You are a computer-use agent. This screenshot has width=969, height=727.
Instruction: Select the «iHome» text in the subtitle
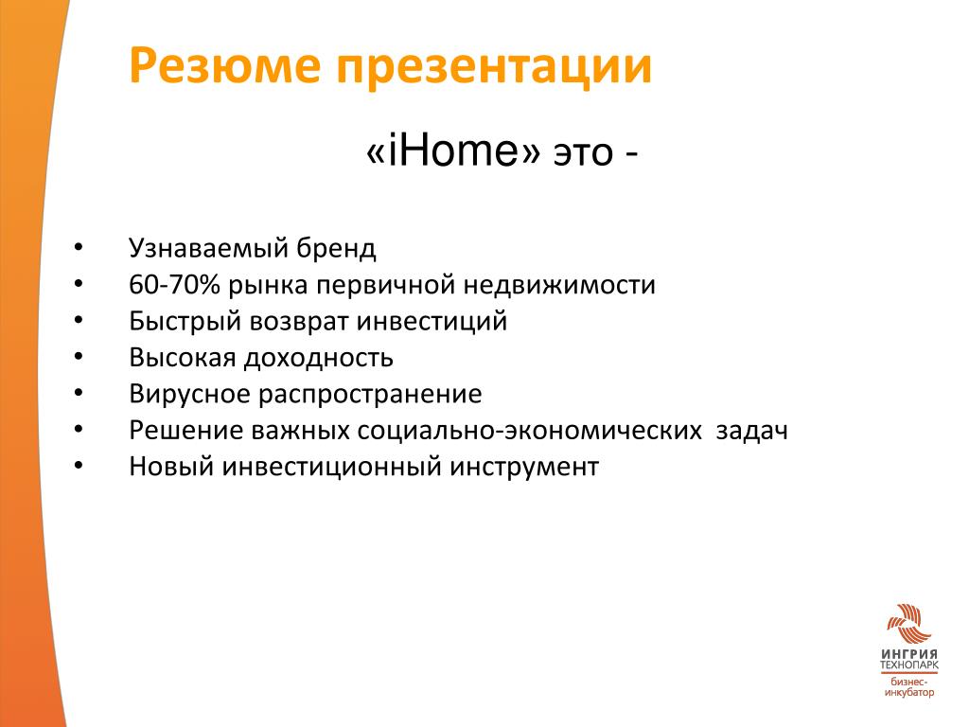453,151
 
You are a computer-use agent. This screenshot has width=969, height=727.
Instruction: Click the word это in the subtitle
583,153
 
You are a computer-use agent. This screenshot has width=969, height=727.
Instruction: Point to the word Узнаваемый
208,249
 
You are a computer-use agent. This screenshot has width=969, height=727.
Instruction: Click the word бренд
336,248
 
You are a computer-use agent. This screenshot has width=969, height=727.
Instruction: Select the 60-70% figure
174,285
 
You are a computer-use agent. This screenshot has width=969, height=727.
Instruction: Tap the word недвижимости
559,285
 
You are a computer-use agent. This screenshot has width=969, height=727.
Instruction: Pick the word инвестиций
432,322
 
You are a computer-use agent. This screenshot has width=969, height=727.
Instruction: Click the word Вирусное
189,394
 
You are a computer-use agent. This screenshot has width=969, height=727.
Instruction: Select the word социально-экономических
530,431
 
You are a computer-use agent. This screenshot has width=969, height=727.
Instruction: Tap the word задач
752,431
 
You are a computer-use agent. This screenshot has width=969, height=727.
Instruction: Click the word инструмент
524,468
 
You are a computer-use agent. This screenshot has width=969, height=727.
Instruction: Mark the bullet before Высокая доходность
78,357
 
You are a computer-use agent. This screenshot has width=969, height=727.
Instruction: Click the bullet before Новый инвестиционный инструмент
78,466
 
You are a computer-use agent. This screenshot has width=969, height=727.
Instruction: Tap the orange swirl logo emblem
908,625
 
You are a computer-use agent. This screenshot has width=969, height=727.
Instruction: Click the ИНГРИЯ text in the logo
909,653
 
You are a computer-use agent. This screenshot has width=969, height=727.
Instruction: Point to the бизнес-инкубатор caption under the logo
909,687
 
